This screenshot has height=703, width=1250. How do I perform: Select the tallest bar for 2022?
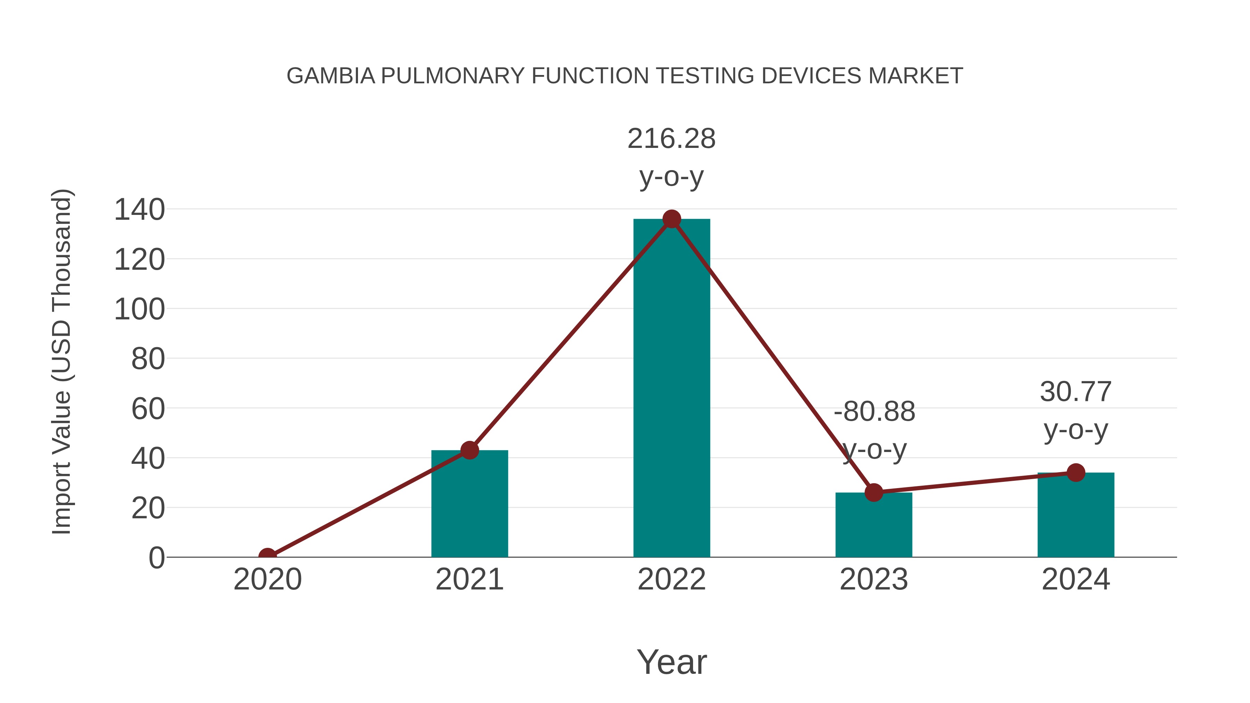click(671, 388)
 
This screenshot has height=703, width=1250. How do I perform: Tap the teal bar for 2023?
click(874, 526)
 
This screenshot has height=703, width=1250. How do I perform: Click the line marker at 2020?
click(267, 556)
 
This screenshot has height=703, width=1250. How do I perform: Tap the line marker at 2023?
click(874, 492)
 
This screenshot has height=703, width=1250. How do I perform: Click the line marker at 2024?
click(1076, 472)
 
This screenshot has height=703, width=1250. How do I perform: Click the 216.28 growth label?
click(671, 139)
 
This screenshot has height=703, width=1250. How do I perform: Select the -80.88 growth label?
click(874, 412)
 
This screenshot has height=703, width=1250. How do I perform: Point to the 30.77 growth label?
click(1075, 392)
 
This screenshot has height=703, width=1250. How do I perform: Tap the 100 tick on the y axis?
click(139, 310)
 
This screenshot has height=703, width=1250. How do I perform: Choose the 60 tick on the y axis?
click(148, 409)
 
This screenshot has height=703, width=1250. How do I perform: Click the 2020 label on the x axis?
click(267, 579)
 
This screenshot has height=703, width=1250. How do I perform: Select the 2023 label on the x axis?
click(874, 579)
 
